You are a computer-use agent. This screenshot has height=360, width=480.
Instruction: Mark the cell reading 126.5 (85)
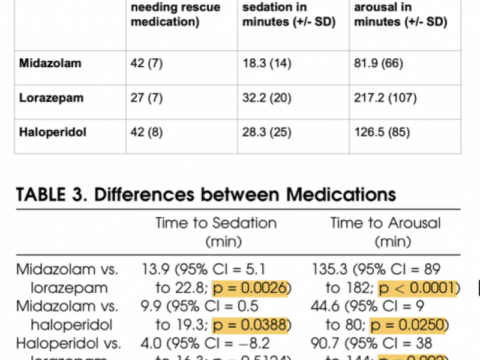click(382, 131)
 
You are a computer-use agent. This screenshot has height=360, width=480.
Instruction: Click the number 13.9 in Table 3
click(155, 270)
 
